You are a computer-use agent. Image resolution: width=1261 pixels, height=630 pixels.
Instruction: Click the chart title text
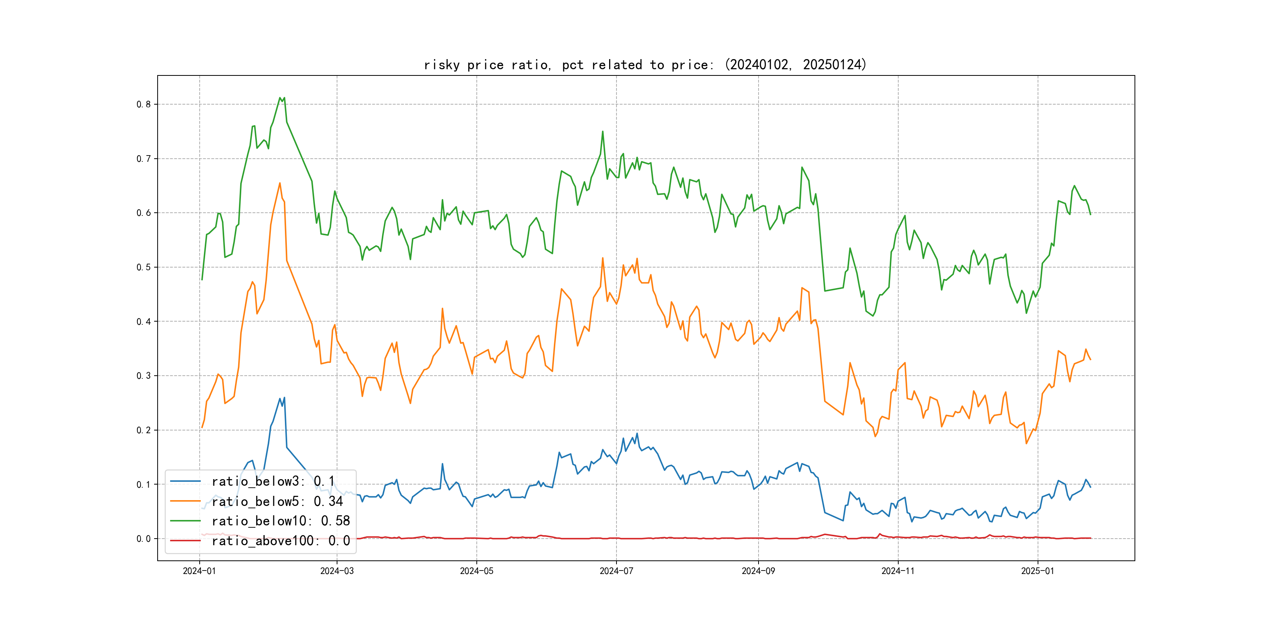coord(645,65)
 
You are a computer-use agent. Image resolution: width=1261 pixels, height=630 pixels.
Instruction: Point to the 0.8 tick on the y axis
coord(144,104)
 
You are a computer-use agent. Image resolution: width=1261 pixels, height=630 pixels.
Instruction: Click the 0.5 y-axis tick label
coord(144,267)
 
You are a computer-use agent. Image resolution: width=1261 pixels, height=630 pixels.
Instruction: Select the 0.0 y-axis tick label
coord(144,539)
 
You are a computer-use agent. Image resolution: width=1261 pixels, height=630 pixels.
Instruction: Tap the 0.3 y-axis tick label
coord(144,376)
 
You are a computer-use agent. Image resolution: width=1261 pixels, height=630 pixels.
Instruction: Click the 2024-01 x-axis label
coord(199,571)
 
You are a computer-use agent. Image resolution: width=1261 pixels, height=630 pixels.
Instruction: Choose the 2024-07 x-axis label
coord(616,571)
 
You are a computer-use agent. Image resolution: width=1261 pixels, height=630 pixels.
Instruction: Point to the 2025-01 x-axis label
coord(1037,571)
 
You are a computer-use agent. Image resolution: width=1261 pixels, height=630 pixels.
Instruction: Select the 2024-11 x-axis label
coord(898,571)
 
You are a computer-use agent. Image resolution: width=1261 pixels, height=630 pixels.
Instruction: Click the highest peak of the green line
coord(280,98)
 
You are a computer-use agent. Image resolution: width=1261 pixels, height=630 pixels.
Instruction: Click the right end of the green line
coord(1090,214)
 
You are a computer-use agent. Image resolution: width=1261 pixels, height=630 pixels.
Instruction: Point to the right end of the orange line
coord(1090,359)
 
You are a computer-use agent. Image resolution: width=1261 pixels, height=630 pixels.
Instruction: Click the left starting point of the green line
coord(202,280)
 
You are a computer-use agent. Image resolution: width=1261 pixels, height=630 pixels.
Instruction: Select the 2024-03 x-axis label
coord(337,571)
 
